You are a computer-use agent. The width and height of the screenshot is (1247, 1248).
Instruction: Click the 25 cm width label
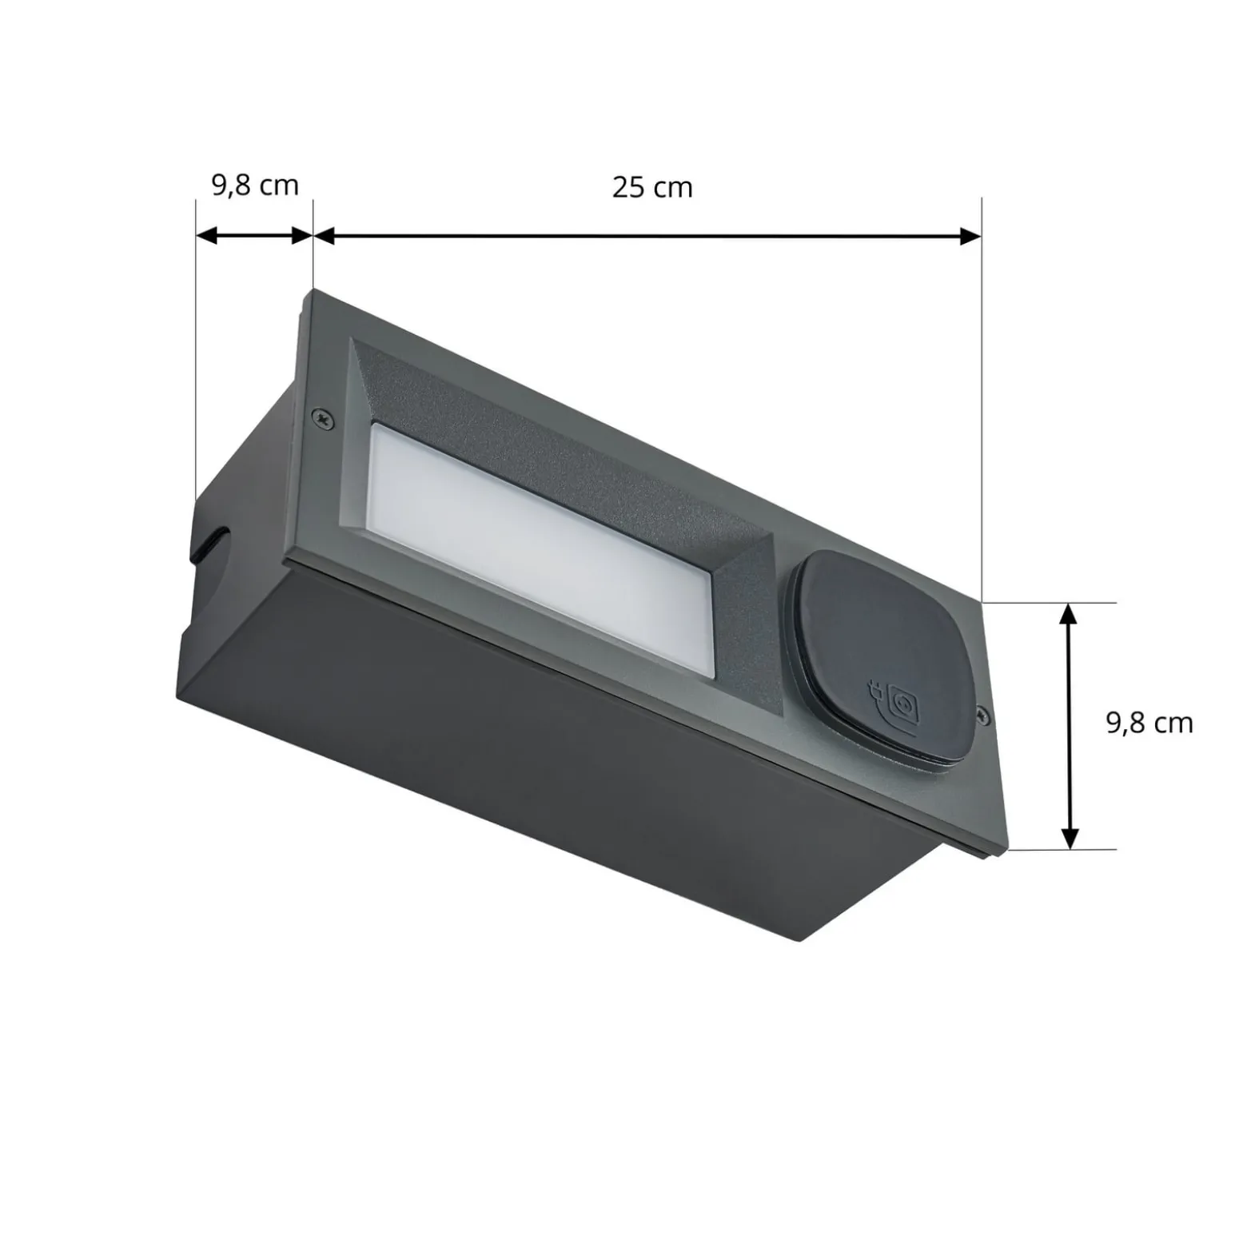click(652, 188)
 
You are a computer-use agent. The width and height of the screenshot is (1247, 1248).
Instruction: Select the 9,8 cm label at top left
click(255, 185)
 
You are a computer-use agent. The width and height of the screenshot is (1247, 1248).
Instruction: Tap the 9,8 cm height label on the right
click(1149, 723)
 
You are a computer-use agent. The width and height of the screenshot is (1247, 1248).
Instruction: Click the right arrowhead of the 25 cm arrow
click(970, 236)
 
